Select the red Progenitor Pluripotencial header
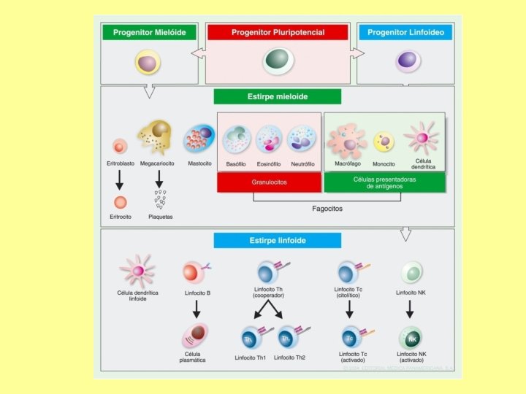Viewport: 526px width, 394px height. [x=278, y=32]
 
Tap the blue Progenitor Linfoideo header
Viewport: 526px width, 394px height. [x=405, y=32]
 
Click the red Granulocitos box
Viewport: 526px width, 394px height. [x=269, y=182]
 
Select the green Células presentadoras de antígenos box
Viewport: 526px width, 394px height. [x=384, y=182]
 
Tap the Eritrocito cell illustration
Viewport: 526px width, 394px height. [x=120, y=202]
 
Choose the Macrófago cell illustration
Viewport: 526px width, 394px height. [x=346, y=141]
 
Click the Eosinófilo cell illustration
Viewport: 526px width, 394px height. [x=269, y=139]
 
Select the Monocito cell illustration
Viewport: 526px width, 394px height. [x=384, y=142]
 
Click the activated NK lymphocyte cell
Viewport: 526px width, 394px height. [x=411, y=337]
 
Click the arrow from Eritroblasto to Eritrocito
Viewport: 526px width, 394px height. [x=120, y=179]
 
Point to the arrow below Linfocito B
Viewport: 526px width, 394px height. [x=196, y=309]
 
